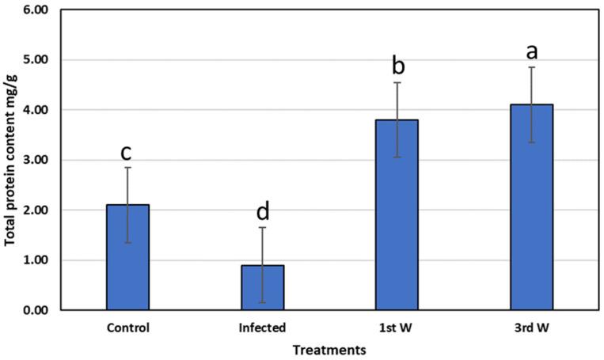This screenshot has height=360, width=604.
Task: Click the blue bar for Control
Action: (x=127, y=257)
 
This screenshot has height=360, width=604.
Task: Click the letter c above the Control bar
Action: (x=127, y=151)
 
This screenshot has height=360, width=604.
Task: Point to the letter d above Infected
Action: (x=262, y=211)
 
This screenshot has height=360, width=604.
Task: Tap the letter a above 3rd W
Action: (x=532, y=51)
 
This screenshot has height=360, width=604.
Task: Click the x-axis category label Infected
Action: (x=262, y=325)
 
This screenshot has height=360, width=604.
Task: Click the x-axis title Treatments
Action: (x=329, y=348)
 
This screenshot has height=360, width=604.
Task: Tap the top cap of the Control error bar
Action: (x=127, y=168)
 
